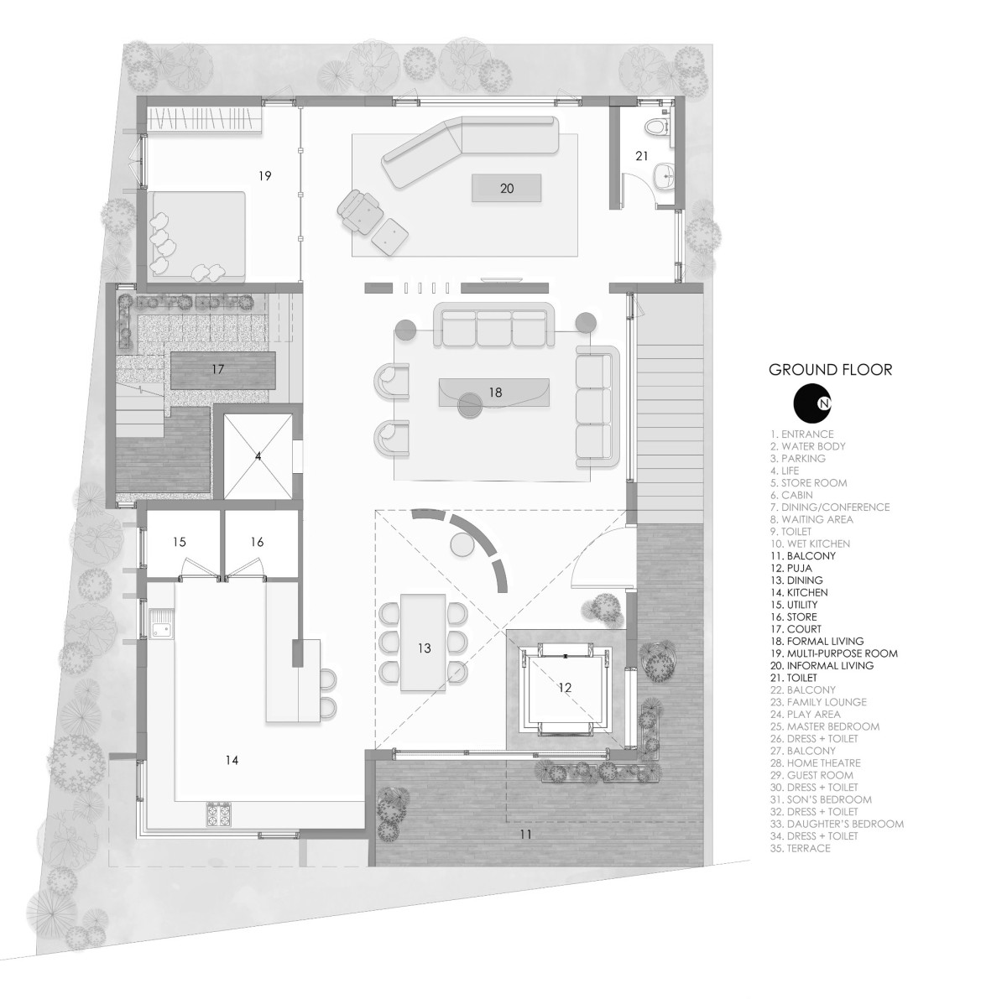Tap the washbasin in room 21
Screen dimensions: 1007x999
(665, 176)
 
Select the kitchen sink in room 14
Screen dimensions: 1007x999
(161, 624)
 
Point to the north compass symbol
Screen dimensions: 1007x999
(812, 403)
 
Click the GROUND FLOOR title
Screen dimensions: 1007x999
(831, 370)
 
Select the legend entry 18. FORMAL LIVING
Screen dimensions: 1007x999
(817, 641)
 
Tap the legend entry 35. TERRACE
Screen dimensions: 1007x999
(800, 849)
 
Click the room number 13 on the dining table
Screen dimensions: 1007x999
(424, 648)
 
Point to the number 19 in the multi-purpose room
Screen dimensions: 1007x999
(265, 175)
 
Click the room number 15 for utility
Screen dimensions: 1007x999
(180, 542)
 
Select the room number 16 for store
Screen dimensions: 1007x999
(257, 542)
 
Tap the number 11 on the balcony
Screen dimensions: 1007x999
(525, 835)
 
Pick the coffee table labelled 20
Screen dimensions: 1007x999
(506, 188)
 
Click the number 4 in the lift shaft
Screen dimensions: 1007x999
(258, 456)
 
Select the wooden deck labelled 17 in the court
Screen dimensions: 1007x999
(223, 370)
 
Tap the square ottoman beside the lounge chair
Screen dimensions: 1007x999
(390, 237)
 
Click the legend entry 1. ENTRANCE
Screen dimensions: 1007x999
(801, 434)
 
